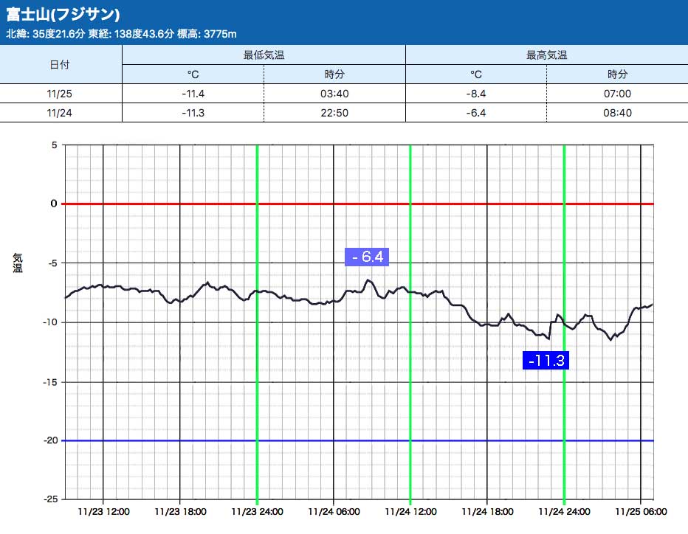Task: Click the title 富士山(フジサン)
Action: (63, 15)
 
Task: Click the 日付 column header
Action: (60, 65)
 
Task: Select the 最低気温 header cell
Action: (264, 55)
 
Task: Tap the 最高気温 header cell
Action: (546, 55)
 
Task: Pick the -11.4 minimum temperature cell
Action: (193, 94)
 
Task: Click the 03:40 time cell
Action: (334, 94)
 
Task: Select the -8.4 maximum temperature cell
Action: (476, 94)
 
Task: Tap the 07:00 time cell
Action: (617, 94)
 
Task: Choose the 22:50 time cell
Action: (334, 112)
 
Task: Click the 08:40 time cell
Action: (617, 112)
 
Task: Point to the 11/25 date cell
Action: (60, 94)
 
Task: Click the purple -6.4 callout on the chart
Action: (367, 257)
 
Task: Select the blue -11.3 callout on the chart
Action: (546, 361)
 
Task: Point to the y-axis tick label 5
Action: (54, 145)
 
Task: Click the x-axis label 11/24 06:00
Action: (333, 511)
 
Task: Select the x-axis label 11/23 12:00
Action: (103, 511)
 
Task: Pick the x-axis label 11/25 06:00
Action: (641, 511)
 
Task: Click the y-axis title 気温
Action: (17, 263)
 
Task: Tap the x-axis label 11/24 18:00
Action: (487, 511)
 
